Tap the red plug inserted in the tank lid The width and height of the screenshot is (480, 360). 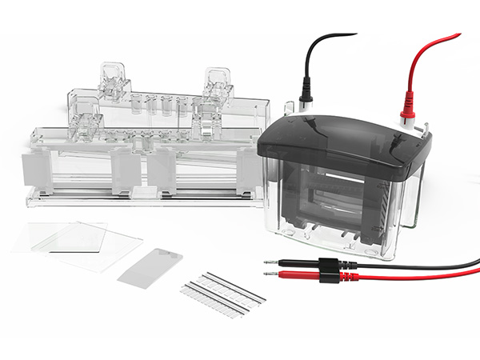coord(407,106)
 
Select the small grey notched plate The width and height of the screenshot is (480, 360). coord(150,266)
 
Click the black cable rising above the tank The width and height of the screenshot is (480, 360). coord(316,48)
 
